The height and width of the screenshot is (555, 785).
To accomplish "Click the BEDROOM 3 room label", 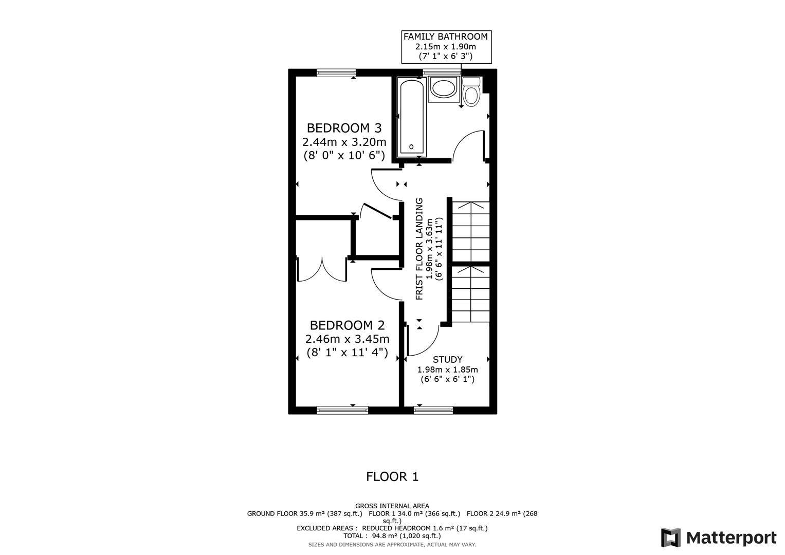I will click(344, 127).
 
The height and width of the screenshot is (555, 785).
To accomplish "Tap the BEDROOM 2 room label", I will click(347, 325).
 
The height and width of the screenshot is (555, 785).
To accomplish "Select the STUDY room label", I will click(447, 360).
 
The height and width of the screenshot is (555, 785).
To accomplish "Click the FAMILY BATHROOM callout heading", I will click(445, 36).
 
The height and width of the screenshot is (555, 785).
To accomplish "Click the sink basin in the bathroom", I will click(443, 88).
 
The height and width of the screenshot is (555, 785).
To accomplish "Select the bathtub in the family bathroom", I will click(411, 117).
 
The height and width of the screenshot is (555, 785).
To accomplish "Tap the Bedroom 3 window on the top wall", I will click(336, 73).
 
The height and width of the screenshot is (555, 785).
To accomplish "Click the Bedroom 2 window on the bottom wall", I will click(342, 410).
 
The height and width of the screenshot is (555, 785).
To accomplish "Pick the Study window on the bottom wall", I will click(433, 410).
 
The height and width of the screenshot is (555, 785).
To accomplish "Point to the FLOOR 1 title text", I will click(392, 477).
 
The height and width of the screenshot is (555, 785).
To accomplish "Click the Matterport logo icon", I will click(670, 538).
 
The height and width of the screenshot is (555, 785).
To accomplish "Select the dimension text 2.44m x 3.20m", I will click(344, 142).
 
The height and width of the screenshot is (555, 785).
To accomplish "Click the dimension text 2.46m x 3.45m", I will click(347, 339).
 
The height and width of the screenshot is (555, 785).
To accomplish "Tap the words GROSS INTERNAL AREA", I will click(392, 506).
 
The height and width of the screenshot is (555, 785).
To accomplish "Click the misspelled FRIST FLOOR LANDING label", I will click(419, 249).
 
